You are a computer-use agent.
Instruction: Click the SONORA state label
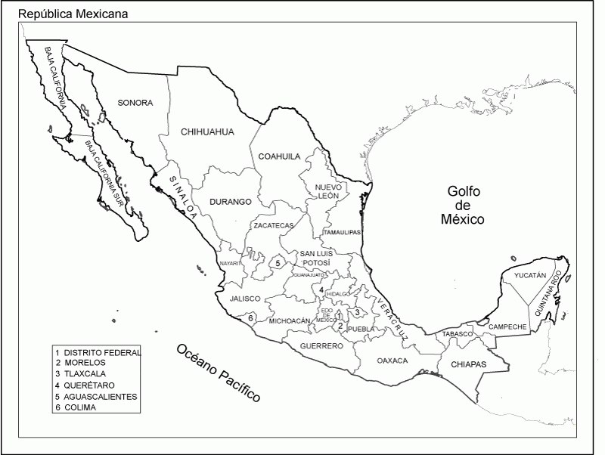tap(135, 103)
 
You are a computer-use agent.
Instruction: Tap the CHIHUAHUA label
tap(207, 132)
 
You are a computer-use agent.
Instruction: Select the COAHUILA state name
tap(280, 156)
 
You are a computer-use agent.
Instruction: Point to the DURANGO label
tap(230, 202)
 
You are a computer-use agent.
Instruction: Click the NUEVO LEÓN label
tap(329, 190)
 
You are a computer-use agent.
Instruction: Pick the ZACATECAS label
tap(273, 225)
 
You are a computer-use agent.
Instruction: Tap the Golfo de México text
tap(463, 205)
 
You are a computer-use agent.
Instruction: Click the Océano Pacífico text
tap(219, 373)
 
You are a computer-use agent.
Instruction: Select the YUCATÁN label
tap(529, 276)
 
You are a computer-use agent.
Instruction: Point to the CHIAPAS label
tap(468, 365)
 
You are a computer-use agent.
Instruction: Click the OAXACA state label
tap(392, 361)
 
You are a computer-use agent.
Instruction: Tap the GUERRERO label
tap(321, 345)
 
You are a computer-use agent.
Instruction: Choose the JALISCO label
tap(245, 299)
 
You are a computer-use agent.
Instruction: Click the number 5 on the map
tap(278, 263)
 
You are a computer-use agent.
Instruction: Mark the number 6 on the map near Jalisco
tap(250, 318)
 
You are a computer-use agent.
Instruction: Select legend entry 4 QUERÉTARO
tap(84, 385)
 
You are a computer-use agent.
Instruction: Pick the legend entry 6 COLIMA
tap(79, 407)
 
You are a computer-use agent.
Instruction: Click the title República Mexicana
tap(73, 14)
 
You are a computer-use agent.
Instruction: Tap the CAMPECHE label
tap(507, 327)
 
